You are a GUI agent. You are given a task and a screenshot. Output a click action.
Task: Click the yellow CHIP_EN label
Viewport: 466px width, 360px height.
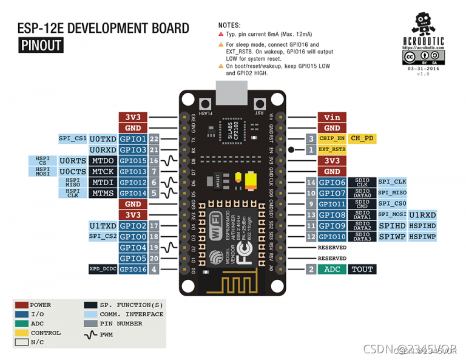pos(331,138)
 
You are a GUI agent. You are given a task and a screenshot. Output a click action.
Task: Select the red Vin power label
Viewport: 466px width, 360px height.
pos(331,117)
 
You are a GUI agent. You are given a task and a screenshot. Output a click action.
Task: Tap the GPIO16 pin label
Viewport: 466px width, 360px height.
pos(133,269)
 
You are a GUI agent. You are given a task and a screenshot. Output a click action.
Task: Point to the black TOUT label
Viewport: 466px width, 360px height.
pos(362,269)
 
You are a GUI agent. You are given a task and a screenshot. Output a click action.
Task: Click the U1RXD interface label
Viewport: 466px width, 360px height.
pos(422,215)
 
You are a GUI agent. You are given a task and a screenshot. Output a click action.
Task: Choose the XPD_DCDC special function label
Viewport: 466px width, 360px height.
pos(102,269)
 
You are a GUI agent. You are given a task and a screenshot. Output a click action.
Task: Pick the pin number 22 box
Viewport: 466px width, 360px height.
pos(154,138)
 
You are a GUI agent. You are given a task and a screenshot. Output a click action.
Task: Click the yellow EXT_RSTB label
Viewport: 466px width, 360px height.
pos(331,149)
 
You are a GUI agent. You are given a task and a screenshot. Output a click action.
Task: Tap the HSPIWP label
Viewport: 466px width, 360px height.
pos(422,237)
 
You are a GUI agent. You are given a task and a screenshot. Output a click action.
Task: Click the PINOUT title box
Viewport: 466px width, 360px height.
pos(40,45)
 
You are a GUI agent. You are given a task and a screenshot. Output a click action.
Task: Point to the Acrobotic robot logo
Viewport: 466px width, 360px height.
pos(422,25)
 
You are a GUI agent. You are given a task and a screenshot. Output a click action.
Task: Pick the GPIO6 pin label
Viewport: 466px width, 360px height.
pos(331,182)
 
